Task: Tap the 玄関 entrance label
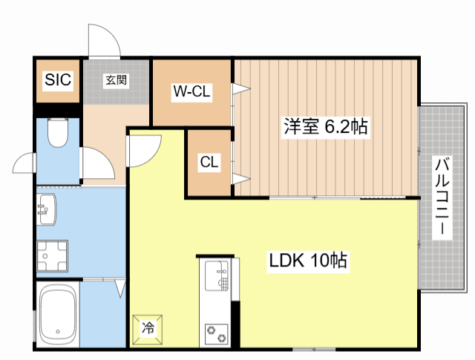pos(116,80)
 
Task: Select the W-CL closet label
pos(192,92)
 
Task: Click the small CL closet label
pos(209,163)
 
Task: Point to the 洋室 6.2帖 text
pos(324,126)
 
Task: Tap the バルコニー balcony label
pos(442,197)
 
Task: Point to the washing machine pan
pos(53,257)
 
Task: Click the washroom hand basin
pos(46,210)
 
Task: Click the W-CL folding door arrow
pos(240,90)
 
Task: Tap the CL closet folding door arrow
pos(240,177)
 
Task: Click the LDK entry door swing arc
pos(144,148)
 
